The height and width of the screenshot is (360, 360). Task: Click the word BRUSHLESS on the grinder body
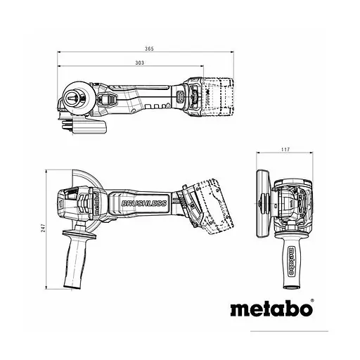tap(143, 204)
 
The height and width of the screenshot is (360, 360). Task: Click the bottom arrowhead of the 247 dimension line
tap(47, 286)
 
